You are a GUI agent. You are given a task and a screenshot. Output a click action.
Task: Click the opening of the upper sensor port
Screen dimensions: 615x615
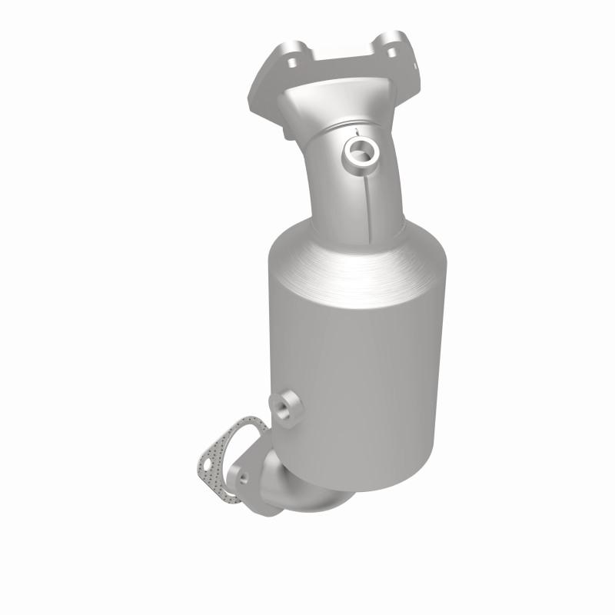click(359, 151)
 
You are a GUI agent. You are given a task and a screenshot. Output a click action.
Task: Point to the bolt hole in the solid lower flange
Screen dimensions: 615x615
click(243, 477)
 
